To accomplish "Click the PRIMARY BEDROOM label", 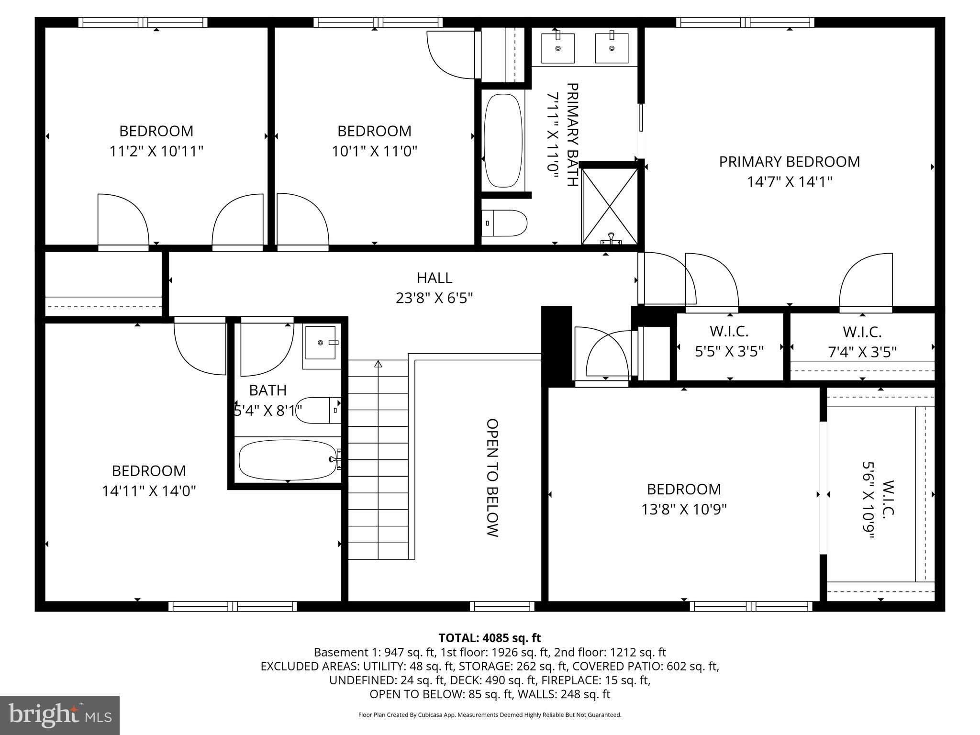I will click(789, 162).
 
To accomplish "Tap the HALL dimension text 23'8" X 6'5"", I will click(434, 298).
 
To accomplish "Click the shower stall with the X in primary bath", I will click(610, 206).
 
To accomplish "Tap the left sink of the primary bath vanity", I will click(557, 48).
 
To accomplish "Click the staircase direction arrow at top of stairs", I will click(378, 364).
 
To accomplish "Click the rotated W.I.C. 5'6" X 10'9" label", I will click(878, 500).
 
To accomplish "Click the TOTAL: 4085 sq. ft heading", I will click(490, 638).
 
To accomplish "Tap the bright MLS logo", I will click(60, 715).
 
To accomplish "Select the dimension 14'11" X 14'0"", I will click(149, 491).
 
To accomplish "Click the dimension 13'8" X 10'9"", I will click(684, 509).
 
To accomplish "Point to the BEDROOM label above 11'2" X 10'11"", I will click(156, 131).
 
